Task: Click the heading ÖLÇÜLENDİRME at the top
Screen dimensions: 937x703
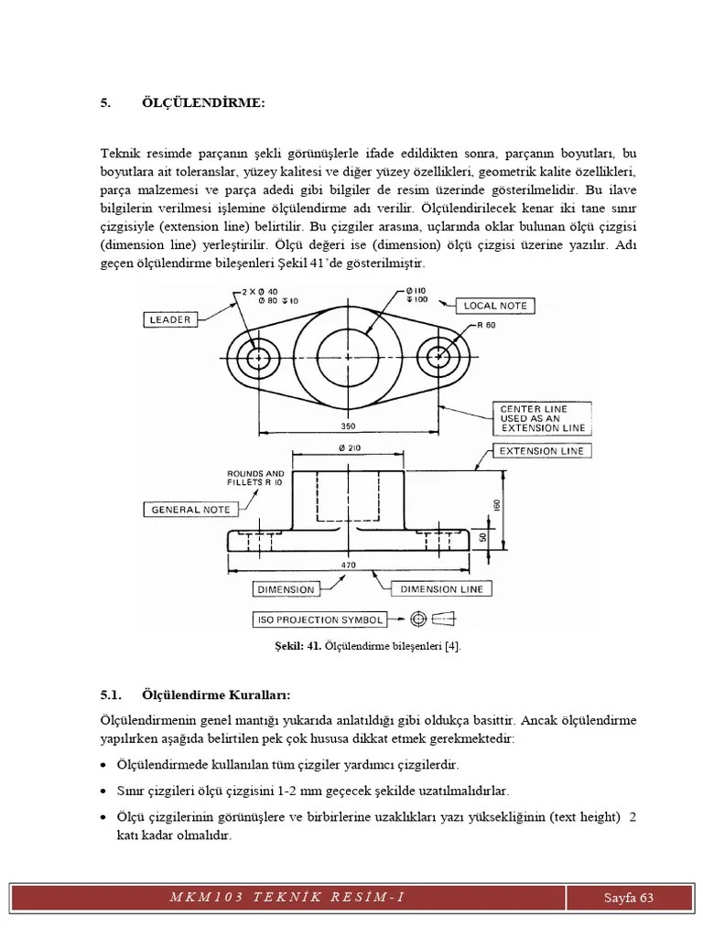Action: [x=203, y=103]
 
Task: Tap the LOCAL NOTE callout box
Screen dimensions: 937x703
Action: [x=495, y=306]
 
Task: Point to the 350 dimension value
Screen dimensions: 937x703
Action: [x=348, y=426]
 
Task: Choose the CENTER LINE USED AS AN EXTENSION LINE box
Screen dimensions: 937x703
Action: [x=542, y=418]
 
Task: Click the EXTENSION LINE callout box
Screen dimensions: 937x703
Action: [x=541, y=450]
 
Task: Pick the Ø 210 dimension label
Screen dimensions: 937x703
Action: [x=348, y=447]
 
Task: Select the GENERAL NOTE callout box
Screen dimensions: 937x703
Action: [x=190, y=509]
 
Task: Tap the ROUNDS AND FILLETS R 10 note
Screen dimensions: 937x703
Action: [x=255, y=479]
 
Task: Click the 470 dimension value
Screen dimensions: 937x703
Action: [x=348, y=565]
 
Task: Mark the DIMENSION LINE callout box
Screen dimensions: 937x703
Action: [x=441, y=589]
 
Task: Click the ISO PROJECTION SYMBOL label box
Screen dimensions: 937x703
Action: [x=319, y=619]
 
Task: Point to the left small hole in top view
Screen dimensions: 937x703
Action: [x=257, y=356]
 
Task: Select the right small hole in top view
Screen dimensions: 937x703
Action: [x=439, y=356]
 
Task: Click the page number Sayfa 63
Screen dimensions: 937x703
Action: [x=629, y=897]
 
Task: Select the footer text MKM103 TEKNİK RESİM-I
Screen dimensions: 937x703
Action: [x=287, y=897]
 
